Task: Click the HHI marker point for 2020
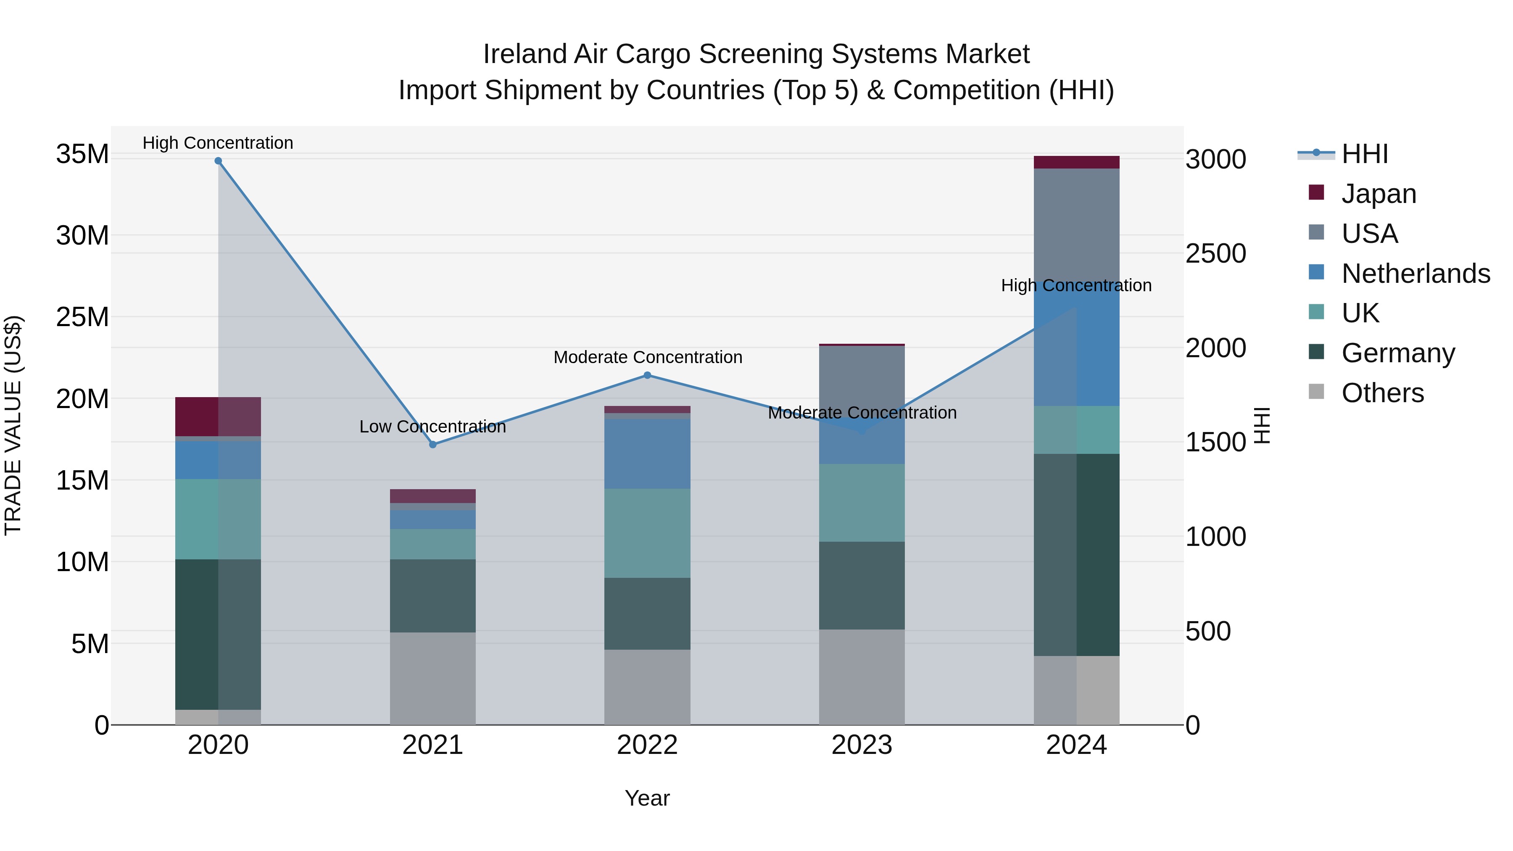(218, 161)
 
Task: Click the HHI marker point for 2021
(433, 445)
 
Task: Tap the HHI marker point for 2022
(647, 375)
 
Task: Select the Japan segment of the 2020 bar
(218, 416)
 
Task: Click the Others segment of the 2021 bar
(433, 678)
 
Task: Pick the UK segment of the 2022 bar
(647, 533)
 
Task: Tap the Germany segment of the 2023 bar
(862, 585)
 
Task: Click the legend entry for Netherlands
(1415, 274)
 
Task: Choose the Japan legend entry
(1379, 194)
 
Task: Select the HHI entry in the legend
(1364, 154)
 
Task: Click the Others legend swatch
(1316, 392)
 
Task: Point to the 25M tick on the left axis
(82, 317)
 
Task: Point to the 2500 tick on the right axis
(1215, 254)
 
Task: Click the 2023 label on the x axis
(862, 745)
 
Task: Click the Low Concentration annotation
(433, 427)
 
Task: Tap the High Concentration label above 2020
(218, 143)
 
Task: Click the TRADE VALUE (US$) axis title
(13, 425)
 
